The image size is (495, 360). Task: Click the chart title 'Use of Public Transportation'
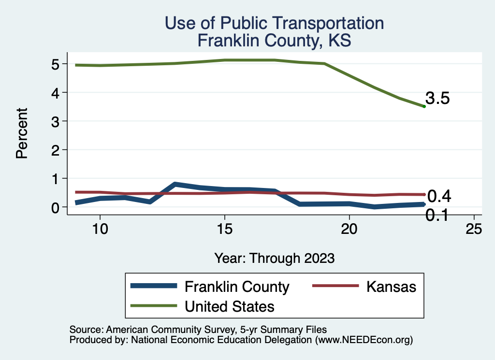pos(274,23)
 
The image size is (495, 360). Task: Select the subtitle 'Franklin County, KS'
pos(274,41)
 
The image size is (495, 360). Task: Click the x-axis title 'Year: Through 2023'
pos(274,258)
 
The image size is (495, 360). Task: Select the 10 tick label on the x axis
pos(100,229)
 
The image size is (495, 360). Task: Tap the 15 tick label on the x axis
pos(224,229)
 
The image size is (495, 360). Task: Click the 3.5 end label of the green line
pos(438,99)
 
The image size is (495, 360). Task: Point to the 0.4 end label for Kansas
pos(439,196)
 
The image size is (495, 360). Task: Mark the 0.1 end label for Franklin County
pos(437,215)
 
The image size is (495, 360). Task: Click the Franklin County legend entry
pos(237,287)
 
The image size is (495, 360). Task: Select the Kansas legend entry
pos(391,287)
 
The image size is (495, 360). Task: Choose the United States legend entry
pos(230,306)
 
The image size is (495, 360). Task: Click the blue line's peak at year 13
pos(175,184)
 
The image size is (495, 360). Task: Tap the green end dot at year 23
pos(424,106)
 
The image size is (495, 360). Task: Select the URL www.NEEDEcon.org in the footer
pos(363,340)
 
